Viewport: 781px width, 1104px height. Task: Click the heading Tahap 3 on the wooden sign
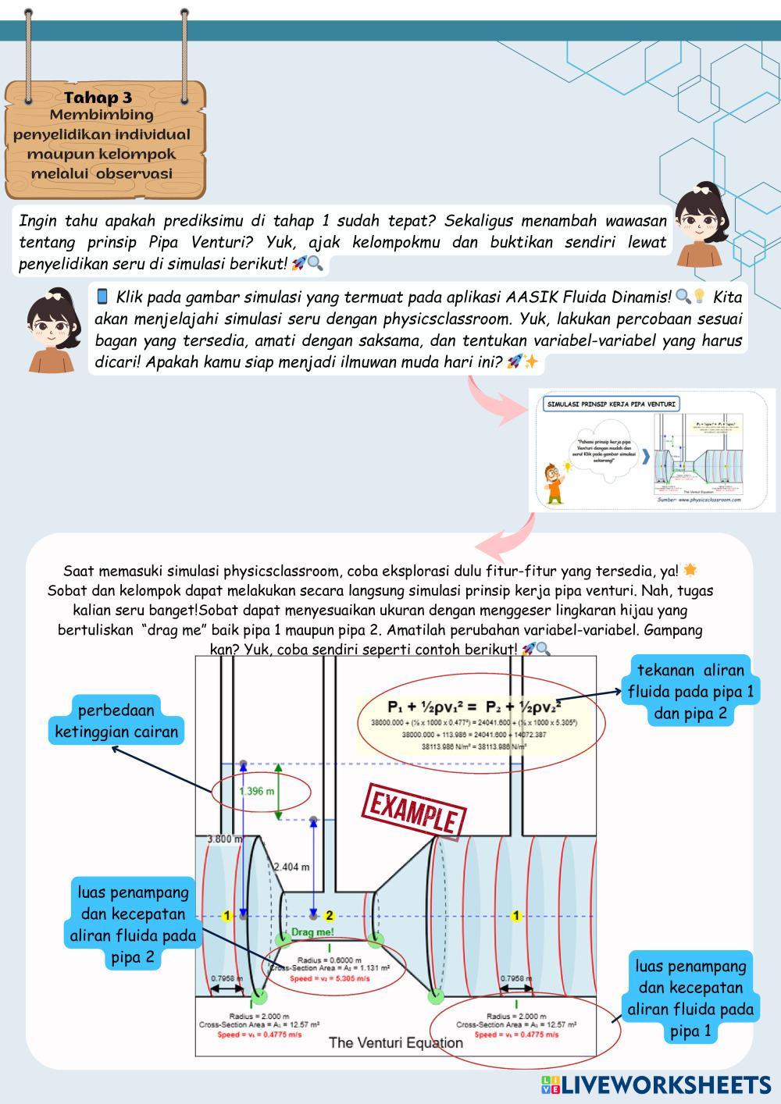[x=98, y=98]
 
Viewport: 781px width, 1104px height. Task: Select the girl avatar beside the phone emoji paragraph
[x=52, y=328]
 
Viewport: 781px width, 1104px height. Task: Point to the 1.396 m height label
[x=257, y=791]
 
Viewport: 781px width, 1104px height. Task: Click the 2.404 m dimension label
[x=291, y=867]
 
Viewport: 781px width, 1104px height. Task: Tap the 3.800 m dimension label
[x=224, y=839]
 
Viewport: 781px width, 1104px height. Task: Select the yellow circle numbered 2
[x=330, y=916]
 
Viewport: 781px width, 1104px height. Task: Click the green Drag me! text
[x=312, y=932]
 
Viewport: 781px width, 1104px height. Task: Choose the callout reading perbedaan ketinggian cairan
[x=116, y=721]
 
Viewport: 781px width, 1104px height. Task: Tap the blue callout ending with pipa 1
[x=690, y=998]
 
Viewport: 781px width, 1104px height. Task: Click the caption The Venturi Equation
[x=396, y=1042]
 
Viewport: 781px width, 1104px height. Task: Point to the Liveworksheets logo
[x=655, y=1084]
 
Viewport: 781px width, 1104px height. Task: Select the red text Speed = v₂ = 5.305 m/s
[x=330, y=978]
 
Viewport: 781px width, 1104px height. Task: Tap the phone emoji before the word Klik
[x=102, y=297]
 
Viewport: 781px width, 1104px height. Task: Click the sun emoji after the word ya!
[x=690, y=570]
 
